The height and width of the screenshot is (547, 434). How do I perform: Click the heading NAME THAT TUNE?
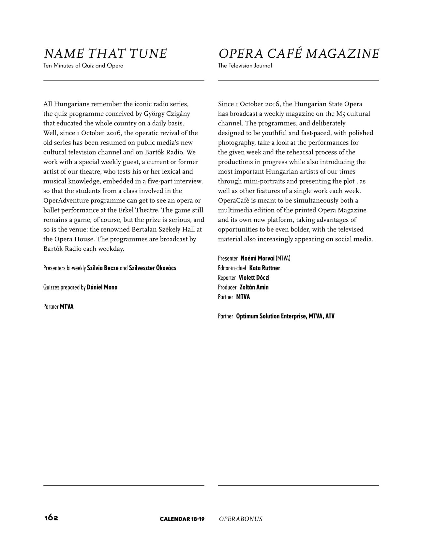105,54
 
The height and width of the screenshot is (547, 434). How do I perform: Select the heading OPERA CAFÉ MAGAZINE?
299,54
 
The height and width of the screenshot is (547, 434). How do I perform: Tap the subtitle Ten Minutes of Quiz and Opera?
83,66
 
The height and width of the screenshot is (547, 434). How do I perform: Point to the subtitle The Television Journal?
245,66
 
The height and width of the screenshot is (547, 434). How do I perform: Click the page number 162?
51,518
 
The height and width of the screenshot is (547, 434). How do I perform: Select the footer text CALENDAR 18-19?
182,519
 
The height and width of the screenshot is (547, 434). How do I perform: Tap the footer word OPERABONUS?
241,519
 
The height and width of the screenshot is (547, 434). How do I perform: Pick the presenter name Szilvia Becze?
103,268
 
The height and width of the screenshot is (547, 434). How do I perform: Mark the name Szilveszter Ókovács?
153,268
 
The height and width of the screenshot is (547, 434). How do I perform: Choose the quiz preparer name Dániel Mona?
102,288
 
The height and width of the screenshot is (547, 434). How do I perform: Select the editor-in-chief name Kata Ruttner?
264,268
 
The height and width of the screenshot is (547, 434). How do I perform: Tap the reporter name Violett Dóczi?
254,278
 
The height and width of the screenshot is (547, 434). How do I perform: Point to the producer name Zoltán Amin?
254,288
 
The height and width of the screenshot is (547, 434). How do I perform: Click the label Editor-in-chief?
232,268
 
